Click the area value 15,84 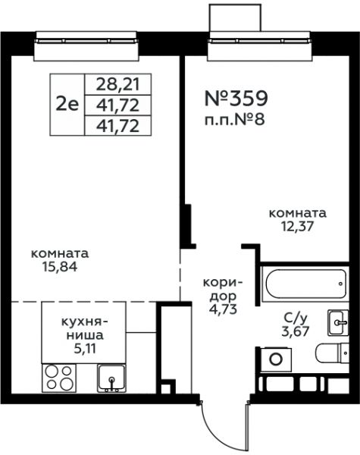pyautogui.click(x=60, y=266)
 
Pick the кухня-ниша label pyautogui.click(x=83, y=327)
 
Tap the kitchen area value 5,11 pyautogui.click(x=83, y=350)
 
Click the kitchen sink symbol pyautogui.click(x=113, y=377)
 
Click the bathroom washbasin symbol pyautogui.click(x=337, y=322)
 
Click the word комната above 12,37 pyautogui.click(x=298, y=213)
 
